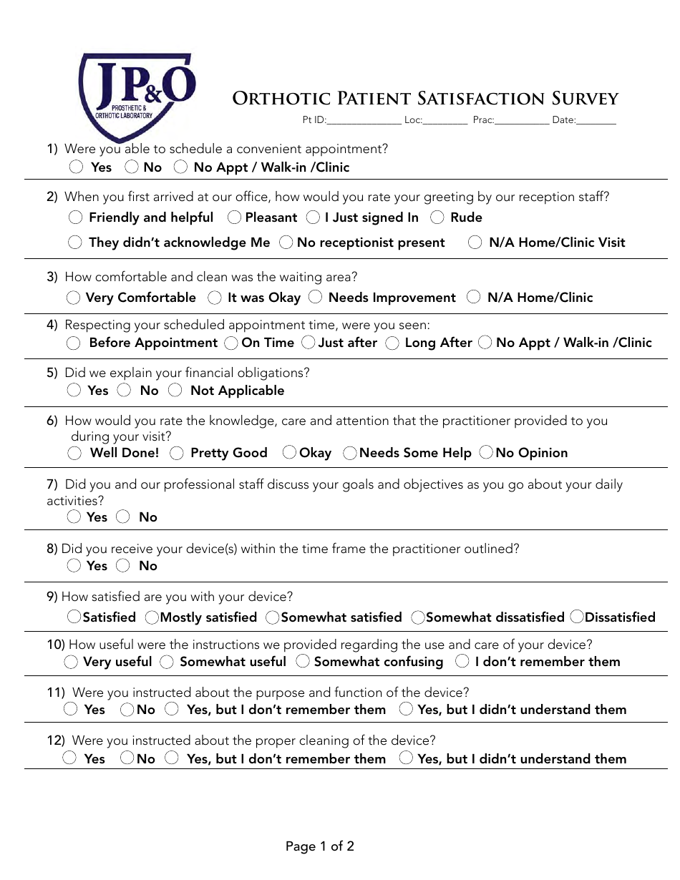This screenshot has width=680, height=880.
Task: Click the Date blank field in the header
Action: click(x=596, y=120)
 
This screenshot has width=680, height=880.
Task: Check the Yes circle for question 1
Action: click(x=77, y=167)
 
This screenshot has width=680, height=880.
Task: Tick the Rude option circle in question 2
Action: click(x=437, y=217)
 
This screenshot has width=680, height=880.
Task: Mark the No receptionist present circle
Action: click(x=286, y=243)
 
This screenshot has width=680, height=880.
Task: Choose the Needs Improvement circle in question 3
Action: click(x=316, y=297)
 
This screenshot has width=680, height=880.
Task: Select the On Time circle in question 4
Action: click(x=231, y=343)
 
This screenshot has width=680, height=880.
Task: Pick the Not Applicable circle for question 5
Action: click(x=175, y=390)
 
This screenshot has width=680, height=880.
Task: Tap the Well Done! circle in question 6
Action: click(x=74, y=453)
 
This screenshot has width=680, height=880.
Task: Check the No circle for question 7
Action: click(x=123, y=517)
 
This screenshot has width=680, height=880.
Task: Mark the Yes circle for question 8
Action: click(x=74, y=565)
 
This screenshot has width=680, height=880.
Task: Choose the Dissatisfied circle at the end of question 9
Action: click(x=577, y=617)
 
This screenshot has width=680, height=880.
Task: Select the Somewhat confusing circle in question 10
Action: click(x=303, y=662)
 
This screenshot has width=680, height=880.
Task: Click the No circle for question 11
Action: click(x=127, y=710)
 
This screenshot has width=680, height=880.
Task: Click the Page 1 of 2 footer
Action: click(x=320, y=846)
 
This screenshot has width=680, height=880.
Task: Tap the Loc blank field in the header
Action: click(x=445, y=120)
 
